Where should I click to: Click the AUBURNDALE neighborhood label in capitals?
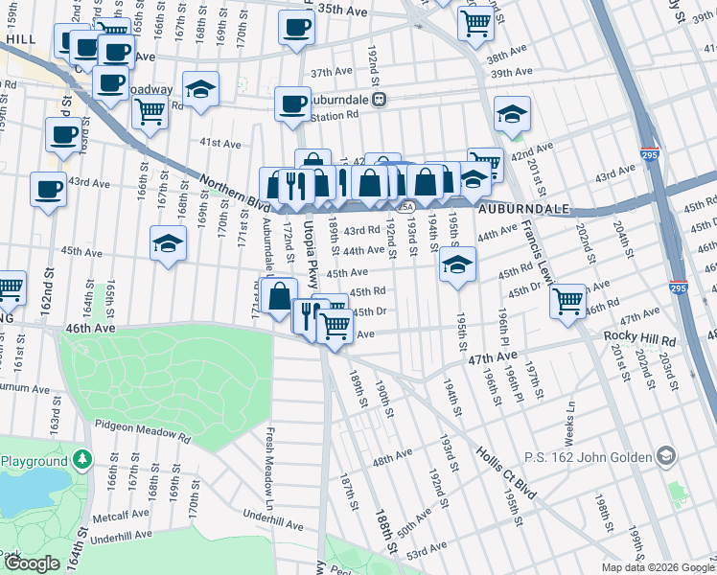tap(524, 208)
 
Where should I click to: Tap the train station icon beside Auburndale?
tap(380, 99)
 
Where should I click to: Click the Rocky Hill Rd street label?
tap(639, 338)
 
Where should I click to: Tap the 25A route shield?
tap(405, 206)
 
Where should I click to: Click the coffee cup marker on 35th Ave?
tap(296, 27)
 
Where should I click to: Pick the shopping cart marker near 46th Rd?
tap(568, 300)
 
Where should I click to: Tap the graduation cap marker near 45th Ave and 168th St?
tap(168, 242)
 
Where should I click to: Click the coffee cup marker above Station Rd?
tap(292, 103)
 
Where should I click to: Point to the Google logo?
tap(32, 563)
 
